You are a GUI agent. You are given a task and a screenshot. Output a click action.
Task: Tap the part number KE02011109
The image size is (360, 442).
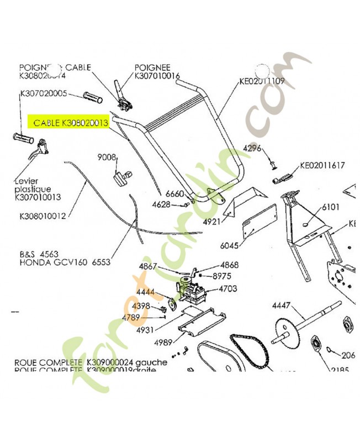pos(262,81)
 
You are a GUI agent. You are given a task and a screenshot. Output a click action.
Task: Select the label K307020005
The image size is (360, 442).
pos(44,94)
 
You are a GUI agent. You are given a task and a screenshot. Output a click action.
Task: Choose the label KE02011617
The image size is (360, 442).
pos(322,165)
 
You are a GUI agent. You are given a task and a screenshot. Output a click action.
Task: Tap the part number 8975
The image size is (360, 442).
pos(222,276)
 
